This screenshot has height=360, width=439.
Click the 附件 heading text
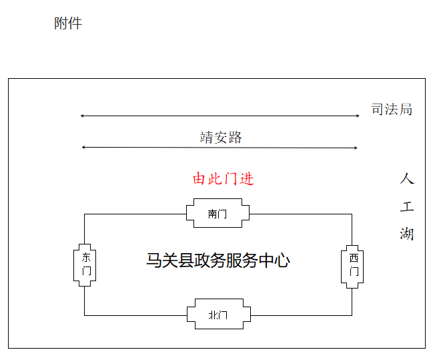(x=68, y=23)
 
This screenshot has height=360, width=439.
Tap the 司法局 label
(x=392, y=110)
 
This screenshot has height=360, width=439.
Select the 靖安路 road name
(x=221, y=138)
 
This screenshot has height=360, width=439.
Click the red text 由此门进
(x=224, y=179)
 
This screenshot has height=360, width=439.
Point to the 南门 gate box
(x=217, y=214)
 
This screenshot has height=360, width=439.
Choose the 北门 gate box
(x=217, y=315)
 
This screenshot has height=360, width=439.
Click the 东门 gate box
(x=85, y=264)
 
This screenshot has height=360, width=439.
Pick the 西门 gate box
(x=353, y=264)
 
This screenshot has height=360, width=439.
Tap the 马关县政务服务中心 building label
(x=218, y=260)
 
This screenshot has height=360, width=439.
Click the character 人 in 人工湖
(x=407, y=179)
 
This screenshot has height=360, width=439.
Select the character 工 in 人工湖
(x=407, y=206)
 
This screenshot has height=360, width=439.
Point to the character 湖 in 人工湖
(x=407, y=234)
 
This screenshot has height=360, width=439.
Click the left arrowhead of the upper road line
(x=82, y=116)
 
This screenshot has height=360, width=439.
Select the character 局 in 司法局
(x=405, y=110)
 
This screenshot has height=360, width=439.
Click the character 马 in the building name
(x=154, y=260)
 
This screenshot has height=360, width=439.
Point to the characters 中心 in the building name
(x=274, y=260)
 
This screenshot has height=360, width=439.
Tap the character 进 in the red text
(x=247, y=179)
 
